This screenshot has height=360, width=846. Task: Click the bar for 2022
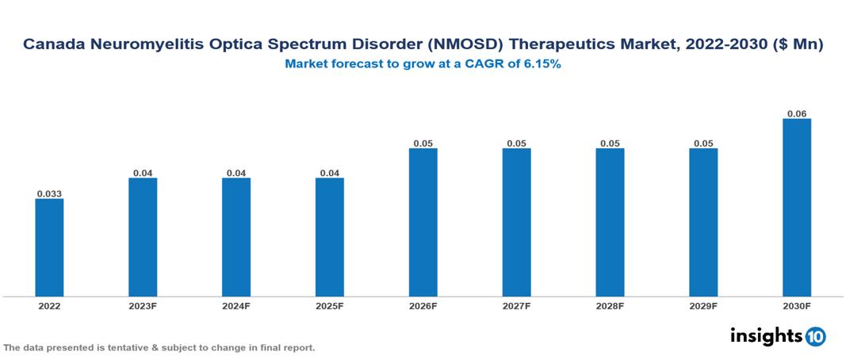click(x=49, y=247)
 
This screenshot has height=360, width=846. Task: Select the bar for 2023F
click(x=143, y=237)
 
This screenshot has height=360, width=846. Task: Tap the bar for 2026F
click(x=423, y=222)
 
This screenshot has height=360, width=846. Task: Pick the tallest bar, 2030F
click(x=796, y=208)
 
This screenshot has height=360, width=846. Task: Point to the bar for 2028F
click(x=610, y=222)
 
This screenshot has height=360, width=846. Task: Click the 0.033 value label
click(x=49, y=193)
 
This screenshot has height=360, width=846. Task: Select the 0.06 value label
click(x=796, y=113)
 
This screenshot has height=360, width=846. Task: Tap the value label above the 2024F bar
click(x=236, y=172)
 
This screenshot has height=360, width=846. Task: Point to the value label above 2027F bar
click(x=516, y=143)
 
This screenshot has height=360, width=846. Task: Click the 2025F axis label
click(x=329, y=306)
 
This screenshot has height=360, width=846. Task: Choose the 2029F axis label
click(x=702, y=306)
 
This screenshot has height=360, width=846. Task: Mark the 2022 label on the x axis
click(x=49, y=306)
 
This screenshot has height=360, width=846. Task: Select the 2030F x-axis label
click(x=796, y=306)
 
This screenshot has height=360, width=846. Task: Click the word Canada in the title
click(x=52, y=46)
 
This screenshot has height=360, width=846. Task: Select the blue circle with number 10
click(x=815, y=336)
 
